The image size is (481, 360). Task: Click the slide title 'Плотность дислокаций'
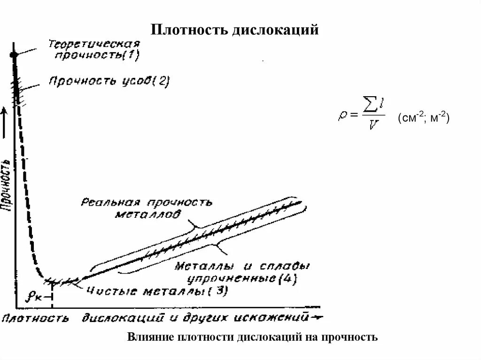coord(234,31)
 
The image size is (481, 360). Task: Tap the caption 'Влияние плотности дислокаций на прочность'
coord(252,337)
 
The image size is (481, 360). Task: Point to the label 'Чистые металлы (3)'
coord(157,291)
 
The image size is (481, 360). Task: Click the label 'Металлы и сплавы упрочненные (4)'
coord(242,272)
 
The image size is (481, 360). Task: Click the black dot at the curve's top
coord(14,55)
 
